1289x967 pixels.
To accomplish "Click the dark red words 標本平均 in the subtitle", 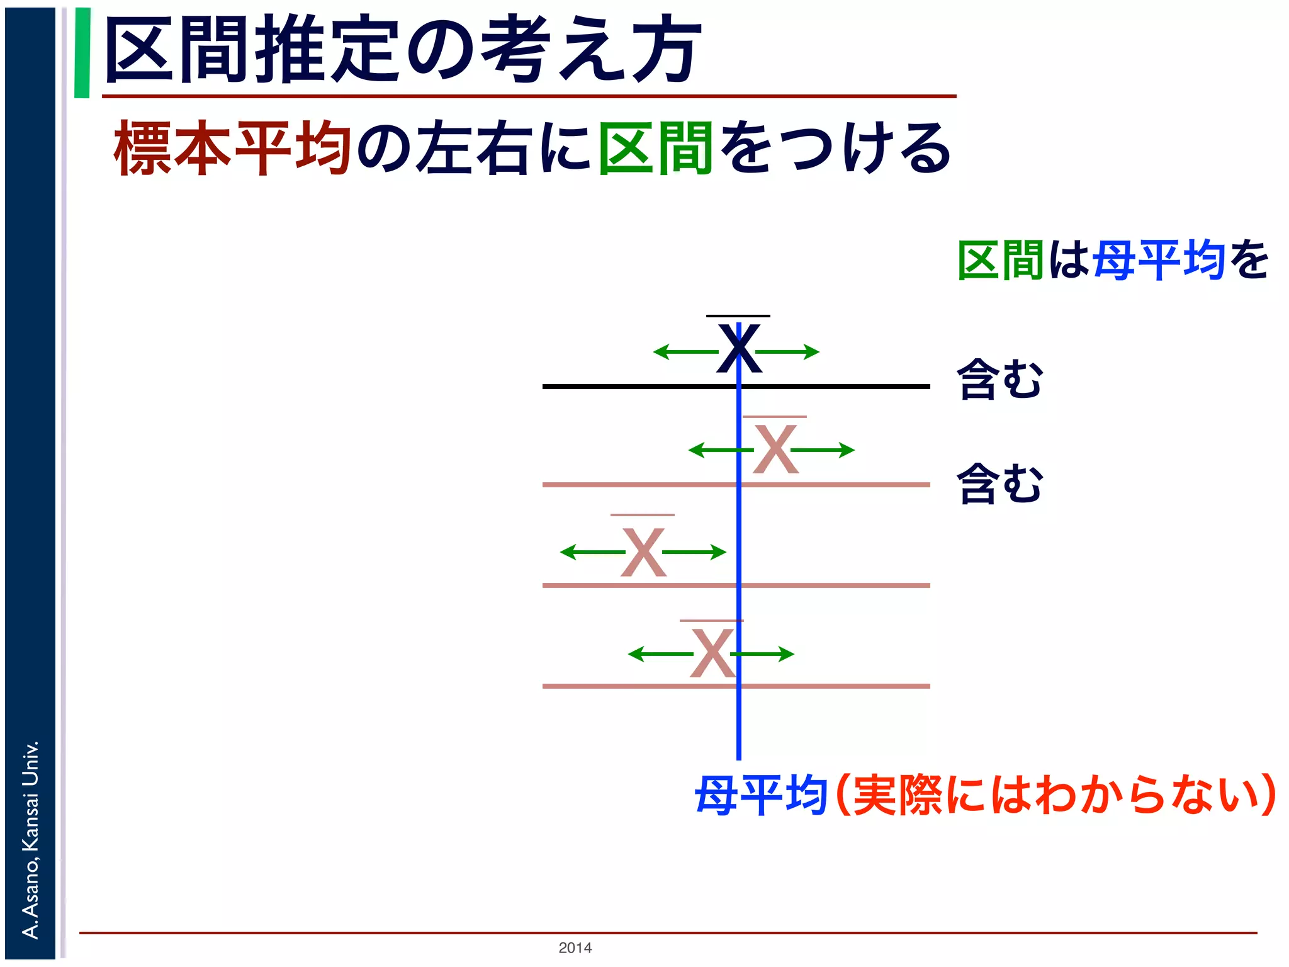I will click(232, 149).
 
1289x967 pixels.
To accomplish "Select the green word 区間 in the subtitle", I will click(655, 149).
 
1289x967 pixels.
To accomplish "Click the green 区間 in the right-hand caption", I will click(1001, 259).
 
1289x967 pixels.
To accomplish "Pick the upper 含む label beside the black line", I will click(999, 379).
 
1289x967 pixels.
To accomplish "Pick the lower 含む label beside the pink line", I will click(999, 483).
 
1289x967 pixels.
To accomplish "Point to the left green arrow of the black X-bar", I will click(685, 351).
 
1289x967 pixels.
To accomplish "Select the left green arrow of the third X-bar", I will click(592, 552).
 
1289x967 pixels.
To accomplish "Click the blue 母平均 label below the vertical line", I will click(760, 796).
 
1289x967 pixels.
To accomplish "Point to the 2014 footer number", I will click(575, 947).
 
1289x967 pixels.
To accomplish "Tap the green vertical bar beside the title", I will click(82, 53).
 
